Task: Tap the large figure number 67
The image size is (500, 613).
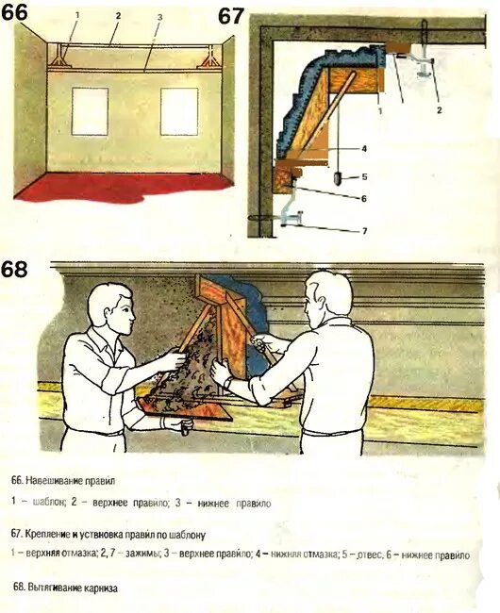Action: click(x=232, y=16)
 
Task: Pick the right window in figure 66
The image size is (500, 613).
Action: click(x=178, y=111)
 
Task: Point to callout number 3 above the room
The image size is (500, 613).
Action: click(x=160, y=18)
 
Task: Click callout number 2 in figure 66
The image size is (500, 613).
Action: click(x=118, y=16)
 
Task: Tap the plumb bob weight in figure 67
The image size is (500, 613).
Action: click(x=338, y=176)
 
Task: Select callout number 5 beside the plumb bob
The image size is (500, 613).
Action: click(x=363, y=176)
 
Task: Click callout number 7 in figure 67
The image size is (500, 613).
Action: click(x=363, y=231)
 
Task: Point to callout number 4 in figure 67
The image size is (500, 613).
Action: click(x=363, y=148)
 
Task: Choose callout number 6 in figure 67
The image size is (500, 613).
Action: click(x=363, y=198)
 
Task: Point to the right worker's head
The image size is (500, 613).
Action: click(x=326, y=295)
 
